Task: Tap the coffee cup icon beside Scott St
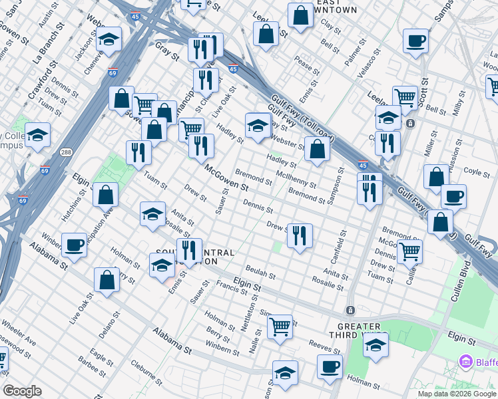416,42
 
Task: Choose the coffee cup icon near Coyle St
453,197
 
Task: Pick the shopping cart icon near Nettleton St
280,326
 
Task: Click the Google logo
22,391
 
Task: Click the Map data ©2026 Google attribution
457,393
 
